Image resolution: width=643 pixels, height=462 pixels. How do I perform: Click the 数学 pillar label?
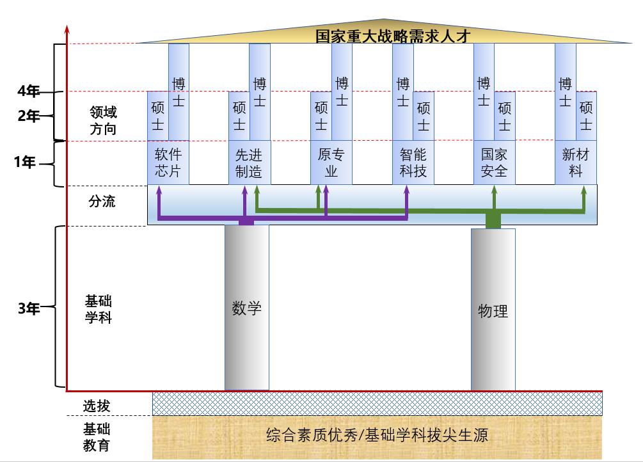[246, 308]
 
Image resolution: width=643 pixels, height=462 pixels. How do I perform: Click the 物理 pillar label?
[493, 312]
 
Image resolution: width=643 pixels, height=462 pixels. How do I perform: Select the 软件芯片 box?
[168, 163]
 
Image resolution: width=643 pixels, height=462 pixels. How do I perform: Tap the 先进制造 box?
[249, 163]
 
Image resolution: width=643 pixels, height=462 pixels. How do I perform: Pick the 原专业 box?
[331, 163]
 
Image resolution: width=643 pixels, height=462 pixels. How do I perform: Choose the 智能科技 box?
[413, 163]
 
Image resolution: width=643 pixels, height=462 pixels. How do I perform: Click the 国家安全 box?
[494, 163]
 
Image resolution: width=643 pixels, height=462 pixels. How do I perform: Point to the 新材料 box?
[575, 163]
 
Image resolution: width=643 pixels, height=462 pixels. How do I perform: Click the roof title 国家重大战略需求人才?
[393, 35]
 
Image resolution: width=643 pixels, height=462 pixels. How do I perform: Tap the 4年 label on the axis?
[28, 92]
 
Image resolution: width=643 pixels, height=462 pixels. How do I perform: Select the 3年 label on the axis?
[28, 308]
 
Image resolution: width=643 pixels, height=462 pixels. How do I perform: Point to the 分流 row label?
[102, 202]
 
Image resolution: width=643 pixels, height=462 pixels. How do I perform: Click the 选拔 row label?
[97, 405]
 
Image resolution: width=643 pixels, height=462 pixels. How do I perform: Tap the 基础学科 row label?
[99, 308]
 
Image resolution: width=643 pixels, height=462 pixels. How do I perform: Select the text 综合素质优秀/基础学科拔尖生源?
[377, 436]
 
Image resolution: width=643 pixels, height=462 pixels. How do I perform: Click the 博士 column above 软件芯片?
[179, 92]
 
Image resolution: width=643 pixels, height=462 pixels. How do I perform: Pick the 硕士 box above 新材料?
[586, 116]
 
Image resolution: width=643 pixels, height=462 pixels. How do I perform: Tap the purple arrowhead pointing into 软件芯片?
[159, 190]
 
